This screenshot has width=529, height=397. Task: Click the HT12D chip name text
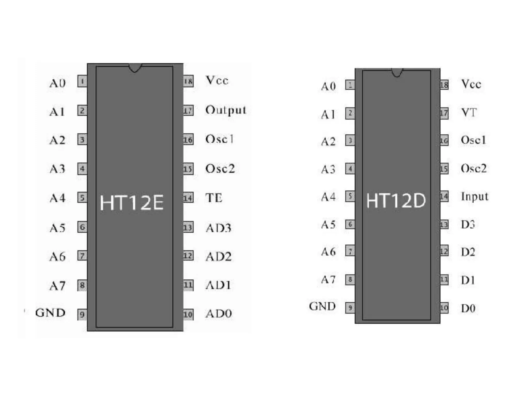396,201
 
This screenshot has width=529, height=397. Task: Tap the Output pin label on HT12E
225,110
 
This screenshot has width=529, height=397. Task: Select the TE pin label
214,198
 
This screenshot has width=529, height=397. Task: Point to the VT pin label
469,112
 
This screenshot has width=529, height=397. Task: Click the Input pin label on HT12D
474,196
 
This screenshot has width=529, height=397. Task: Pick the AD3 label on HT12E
218,228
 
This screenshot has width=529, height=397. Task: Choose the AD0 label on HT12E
219,314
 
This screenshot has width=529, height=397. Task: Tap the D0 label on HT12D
468,308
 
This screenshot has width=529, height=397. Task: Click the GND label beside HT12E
50,313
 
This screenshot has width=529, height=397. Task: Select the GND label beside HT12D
322,306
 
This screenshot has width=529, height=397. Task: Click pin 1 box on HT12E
82,81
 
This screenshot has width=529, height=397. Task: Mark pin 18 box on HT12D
444,85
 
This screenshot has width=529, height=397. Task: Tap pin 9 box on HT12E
82,315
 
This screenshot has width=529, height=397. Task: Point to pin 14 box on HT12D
444,197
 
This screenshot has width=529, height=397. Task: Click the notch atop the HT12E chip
135,68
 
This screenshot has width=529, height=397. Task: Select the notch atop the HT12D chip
397,73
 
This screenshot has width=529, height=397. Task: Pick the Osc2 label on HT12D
473,169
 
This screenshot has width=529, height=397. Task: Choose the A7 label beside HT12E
57,286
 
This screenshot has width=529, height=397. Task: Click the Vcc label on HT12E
217,80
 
